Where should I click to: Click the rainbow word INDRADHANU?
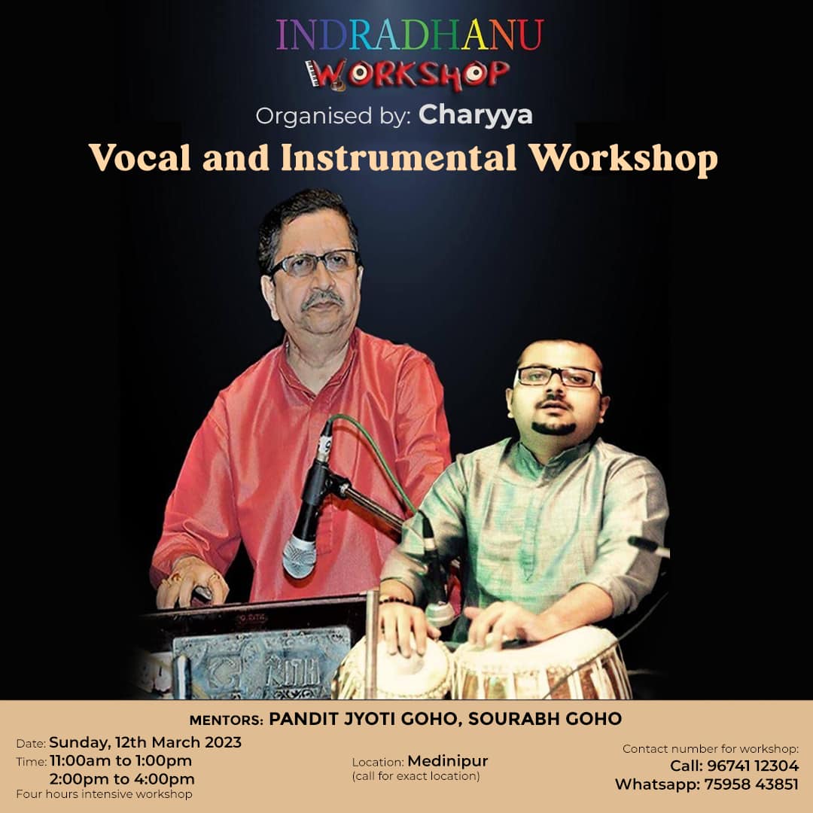(x=410, y=35)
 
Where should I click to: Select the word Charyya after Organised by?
(x=476, y=115)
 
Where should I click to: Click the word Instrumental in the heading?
(x=398, y=157)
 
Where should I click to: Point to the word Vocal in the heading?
(x=140, y=157)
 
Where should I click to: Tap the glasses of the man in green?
(x=557, y=377)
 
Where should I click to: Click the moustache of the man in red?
(x=322, y=299)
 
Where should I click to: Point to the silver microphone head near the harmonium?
(x=299, y=557)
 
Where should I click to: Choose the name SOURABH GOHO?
(x=545, y=719)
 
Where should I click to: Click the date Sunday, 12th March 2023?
(x=145, y=742)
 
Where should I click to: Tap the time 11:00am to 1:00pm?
(x=120, y=760)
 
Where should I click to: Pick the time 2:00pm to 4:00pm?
(x=122, y=779)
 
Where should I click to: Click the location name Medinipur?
(x=448, y=760)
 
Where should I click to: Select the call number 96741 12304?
(x=753, y=766)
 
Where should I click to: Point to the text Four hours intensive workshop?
(x=104, y=794)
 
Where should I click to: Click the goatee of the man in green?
(x=554, y=428)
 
